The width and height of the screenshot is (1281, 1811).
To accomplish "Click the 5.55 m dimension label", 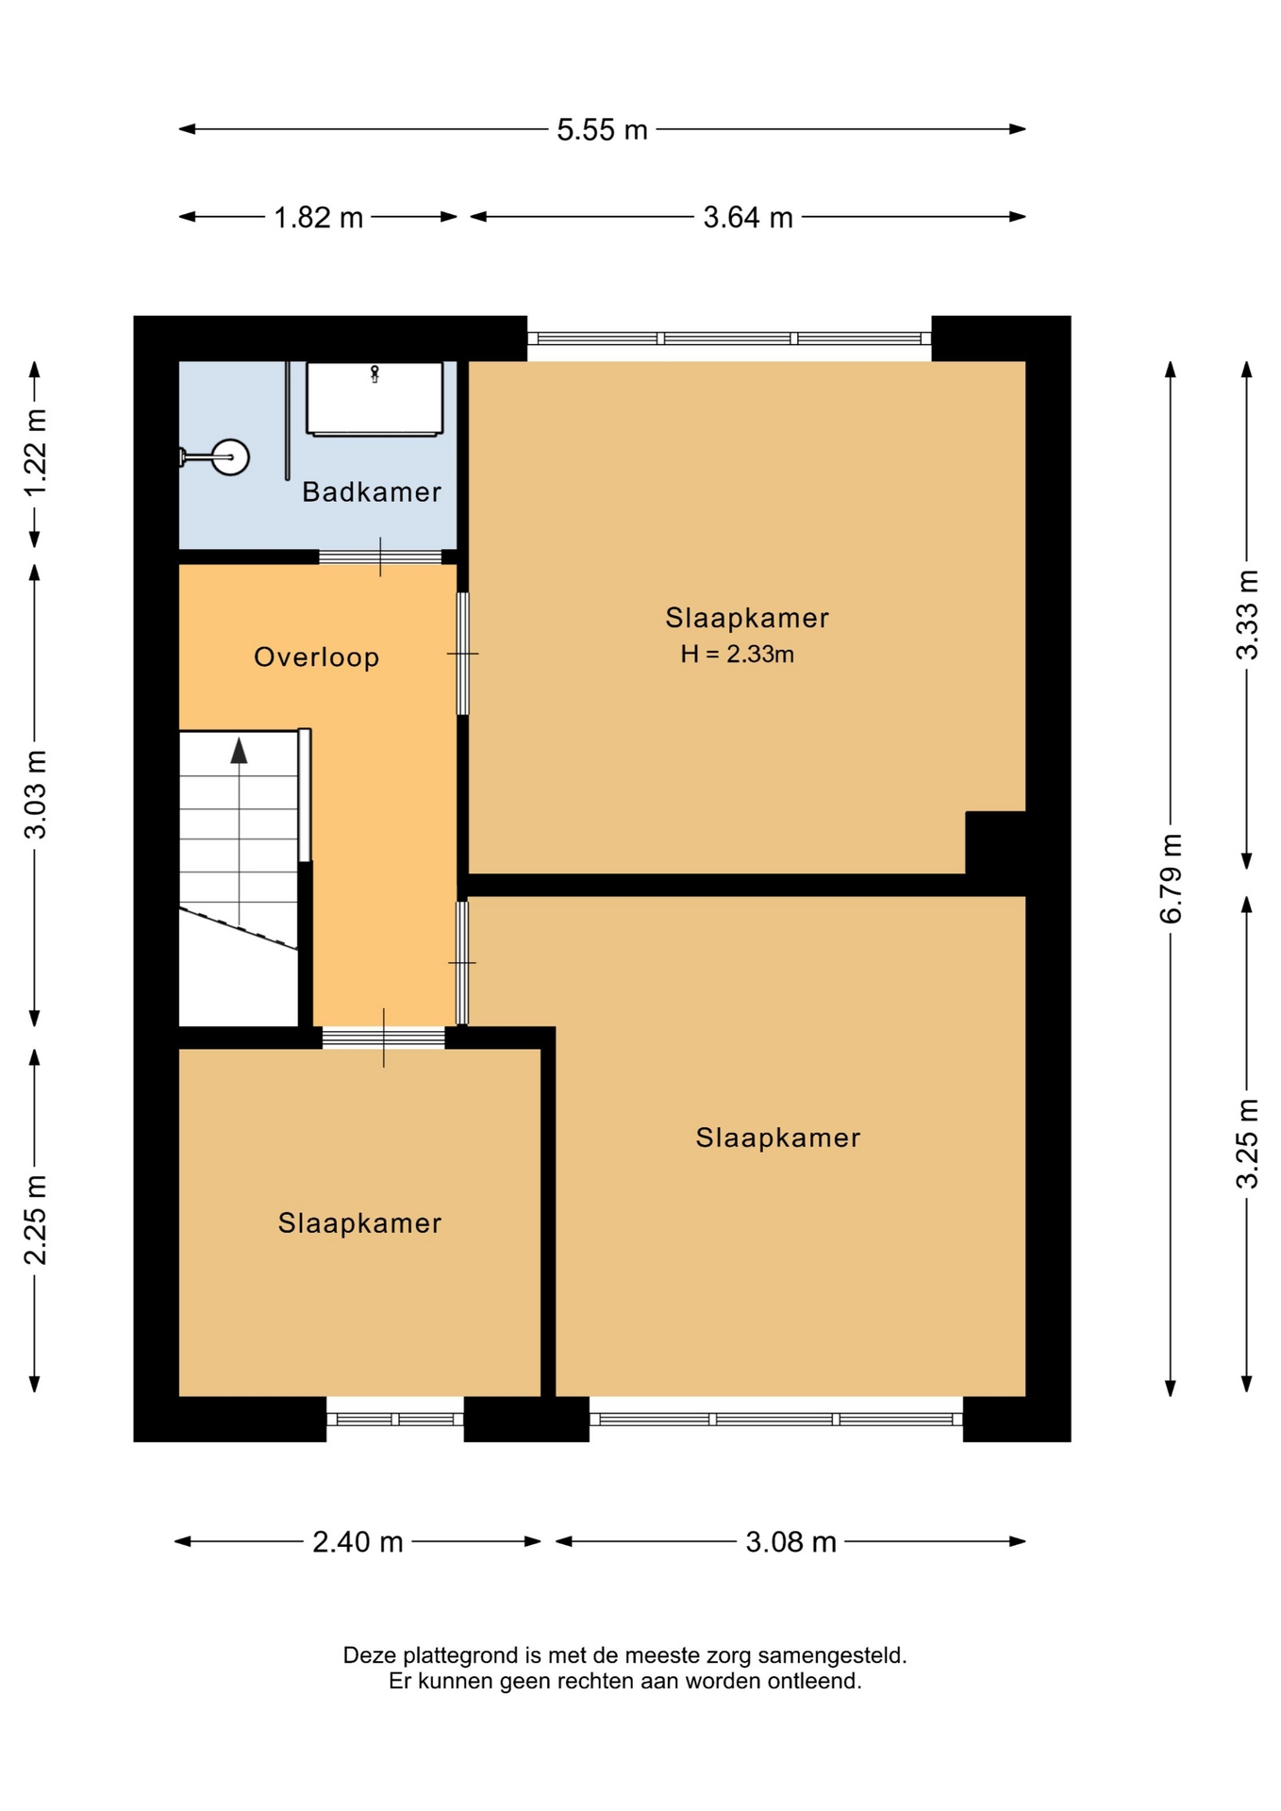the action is [x=602, y=129].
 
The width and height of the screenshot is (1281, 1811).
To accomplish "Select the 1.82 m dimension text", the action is [x=318, y=217].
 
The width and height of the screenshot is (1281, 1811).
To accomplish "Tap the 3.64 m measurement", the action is [x=748, y=217].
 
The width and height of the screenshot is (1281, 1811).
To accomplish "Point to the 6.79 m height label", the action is [x=1171, y=878].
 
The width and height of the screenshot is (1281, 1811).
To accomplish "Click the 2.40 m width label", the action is [x=358, y=1541].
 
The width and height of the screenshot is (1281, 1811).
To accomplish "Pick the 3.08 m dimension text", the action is [x=790, y=1541].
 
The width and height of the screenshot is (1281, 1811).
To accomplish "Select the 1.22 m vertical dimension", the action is [x=35, y=454].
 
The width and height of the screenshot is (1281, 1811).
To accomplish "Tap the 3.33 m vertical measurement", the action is [x=1247, y=615].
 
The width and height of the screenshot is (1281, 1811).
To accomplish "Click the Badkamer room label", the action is [x=372, y=491].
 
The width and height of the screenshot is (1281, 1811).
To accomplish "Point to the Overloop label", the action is [x=317, y=656].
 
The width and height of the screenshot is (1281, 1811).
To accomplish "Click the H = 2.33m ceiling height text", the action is [x=738, y=654].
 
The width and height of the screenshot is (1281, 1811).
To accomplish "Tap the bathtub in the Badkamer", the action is [x=374, y=399].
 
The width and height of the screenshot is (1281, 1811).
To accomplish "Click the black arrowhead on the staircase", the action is [x=239, y=751].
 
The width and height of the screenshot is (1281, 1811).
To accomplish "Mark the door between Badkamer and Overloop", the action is [x=380, y=557].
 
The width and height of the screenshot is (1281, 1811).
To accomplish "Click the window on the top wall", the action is [x=729, y=339].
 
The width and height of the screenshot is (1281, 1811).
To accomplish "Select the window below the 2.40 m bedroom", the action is [x=395, y=1419].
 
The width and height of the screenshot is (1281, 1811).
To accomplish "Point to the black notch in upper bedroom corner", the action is [x=995, y=842].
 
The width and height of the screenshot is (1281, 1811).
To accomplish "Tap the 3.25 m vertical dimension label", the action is [x=1247, y=1143].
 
